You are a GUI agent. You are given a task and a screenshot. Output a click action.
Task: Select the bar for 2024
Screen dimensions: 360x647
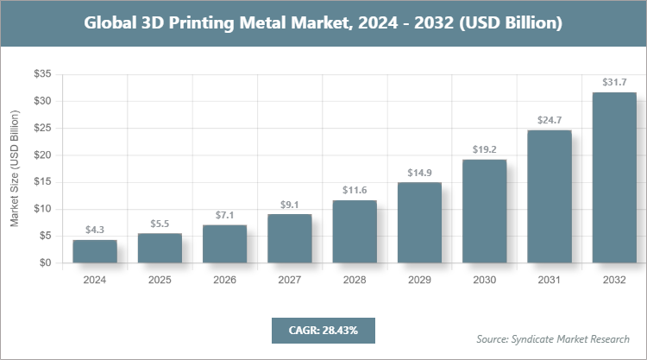coord(95,251)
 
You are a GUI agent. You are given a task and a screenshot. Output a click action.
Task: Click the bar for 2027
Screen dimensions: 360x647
coord(289,238)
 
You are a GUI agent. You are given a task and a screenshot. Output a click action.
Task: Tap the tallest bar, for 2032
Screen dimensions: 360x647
coord(614,177)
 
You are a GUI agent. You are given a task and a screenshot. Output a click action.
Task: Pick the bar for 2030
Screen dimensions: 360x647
coord(484,212)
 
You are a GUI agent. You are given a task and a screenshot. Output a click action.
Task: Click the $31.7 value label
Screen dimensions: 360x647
coord(614,83)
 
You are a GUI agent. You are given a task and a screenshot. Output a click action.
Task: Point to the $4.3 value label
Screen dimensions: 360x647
coord(95,231)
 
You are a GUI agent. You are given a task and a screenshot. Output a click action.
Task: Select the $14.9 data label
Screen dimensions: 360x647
coord(419,173)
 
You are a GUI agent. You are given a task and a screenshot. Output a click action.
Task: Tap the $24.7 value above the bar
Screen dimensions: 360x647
coord(550,120)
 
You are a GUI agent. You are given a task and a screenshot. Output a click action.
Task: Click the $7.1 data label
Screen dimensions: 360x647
coord(224,215)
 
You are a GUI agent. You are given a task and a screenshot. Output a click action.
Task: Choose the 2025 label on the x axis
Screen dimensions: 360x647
coord(160,281)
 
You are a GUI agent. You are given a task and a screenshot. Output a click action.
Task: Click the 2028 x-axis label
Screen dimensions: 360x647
coord(355,281)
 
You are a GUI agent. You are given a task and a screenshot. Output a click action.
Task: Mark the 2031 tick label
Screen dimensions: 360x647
coord(550,281)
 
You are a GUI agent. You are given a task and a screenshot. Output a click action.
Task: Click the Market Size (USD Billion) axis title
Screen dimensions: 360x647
coord(15,169)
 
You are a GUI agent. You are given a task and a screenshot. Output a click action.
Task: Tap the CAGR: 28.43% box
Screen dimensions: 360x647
coord(323,330)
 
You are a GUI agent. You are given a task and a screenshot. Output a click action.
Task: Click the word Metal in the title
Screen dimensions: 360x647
coord(257,23)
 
